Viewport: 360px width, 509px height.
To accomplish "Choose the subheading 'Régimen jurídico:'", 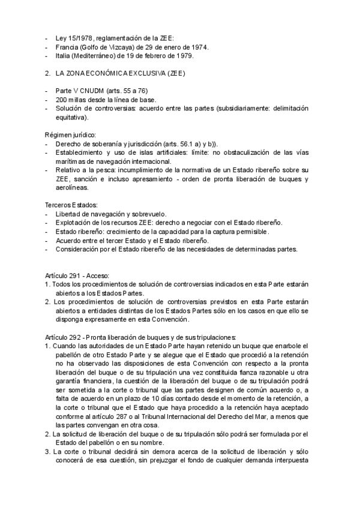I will pyautogui.click(x=71, y=135).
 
